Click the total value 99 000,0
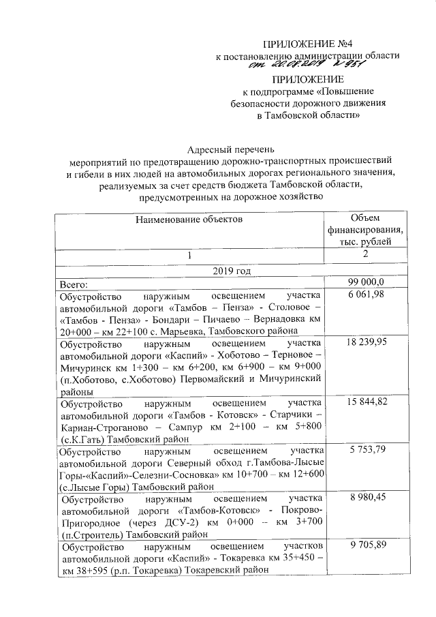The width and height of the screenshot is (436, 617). (367, 283)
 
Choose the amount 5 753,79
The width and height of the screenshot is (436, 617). (367, 451)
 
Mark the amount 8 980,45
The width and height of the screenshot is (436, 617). (367, 498)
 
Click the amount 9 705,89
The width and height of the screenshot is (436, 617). (367, 547)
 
